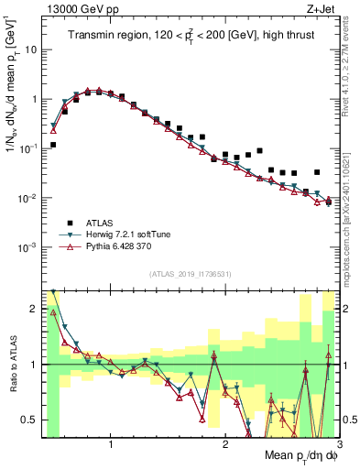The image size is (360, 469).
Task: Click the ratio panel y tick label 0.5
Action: [x=30, y=420]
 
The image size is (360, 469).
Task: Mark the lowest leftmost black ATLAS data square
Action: [x=53, y=145]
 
